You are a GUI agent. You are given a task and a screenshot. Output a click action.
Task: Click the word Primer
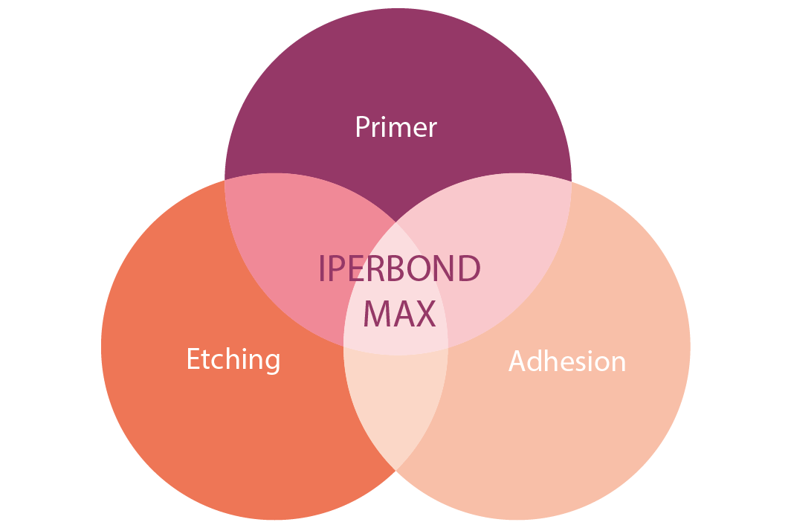click(396, 126)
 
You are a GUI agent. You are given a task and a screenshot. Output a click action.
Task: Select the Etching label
click(233, 359)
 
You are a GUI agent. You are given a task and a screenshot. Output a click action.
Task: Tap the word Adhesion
click(567, 361)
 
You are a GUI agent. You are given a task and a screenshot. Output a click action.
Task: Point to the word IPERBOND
click(399, 268)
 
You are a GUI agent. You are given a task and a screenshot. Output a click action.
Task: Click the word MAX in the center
click(399, 314)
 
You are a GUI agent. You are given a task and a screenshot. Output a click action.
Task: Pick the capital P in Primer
click(363, 126)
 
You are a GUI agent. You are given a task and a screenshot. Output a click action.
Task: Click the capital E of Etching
click(193, 358)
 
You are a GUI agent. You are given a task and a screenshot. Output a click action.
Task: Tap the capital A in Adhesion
click(518, 361)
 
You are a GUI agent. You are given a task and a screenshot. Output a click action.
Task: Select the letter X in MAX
click(426, 314)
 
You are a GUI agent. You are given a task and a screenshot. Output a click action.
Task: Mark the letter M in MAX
click(376, 314)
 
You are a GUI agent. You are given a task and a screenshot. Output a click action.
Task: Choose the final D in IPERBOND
click(468, 268)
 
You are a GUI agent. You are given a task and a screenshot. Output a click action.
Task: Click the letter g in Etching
click(271, 363)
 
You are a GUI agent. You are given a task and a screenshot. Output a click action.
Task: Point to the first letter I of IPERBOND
click(322, 268)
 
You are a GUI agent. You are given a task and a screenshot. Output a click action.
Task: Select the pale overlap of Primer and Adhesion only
click(505, 252)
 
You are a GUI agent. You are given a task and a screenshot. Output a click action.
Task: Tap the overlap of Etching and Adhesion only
click(396, 404)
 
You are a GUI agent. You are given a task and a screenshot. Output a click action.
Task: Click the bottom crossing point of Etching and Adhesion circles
click(396, 471)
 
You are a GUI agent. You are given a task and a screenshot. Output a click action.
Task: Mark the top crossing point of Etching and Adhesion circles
click(396, 222)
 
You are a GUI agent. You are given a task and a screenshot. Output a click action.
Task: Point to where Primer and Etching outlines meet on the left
click(225, 180)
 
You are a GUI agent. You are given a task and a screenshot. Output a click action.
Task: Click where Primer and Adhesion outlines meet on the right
click(572, 181)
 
